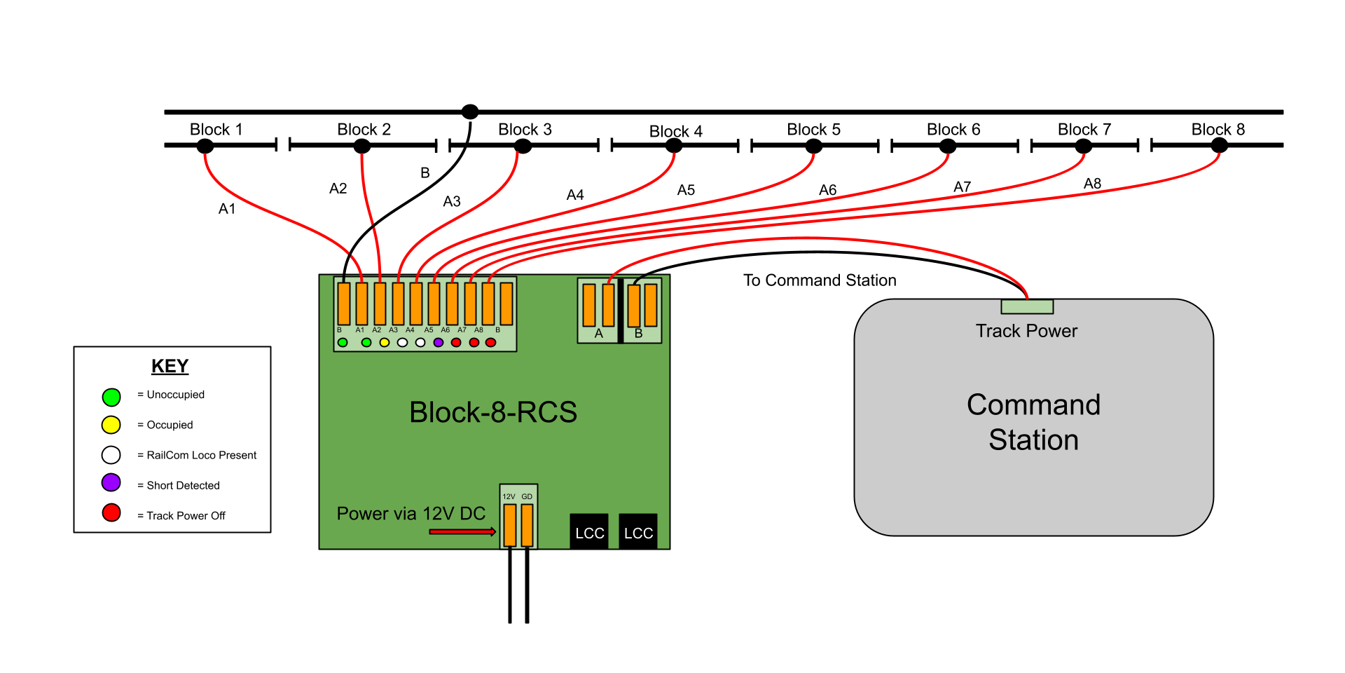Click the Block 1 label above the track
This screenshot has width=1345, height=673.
[216, 130]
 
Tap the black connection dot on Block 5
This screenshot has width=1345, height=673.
[813, 146]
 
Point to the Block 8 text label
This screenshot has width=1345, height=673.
[1218, 130]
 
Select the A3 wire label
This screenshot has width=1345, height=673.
[452, 202]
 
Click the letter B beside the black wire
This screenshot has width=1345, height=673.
[425, 172]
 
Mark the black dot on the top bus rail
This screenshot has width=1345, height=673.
[470, 111]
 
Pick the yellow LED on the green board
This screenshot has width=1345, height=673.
[384, 343]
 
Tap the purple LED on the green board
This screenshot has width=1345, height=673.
[439, 343]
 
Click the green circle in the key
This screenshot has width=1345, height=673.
[111, 397]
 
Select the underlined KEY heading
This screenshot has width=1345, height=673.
[170, 366]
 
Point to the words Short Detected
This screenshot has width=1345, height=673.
[183, 485]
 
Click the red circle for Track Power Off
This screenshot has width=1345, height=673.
[111, 512]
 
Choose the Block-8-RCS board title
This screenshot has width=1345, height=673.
[493, 412]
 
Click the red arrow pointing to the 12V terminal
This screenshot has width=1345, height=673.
[462, 532]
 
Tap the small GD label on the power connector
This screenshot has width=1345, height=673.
[527, 496]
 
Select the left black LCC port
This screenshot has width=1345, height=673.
[589, 532]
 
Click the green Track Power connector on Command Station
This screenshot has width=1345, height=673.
[1027, 306]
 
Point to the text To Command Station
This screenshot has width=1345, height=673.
[820, 280]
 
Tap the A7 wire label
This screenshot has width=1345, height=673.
[962, 187]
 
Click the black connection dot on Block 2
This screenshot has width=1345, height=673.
[361, 146]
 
